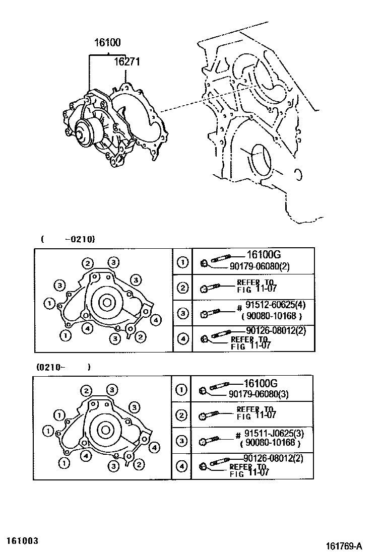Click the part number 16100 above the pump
tap(106, 43)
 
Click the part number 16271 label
tap(126, 62)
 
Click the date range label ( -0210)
tap(68, 239)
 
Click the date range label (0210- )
tap(63, 367)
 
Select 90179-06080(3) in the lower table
tap(267, 394)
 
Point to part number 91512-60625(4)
tap(275, 305)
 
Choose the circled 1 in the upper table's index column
tap(183, 262)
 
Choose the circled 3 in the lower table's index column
tap(181, 441)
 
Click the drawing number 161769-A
tap(344, 546)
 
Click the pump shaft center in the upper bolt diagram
tap(107, 303)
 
